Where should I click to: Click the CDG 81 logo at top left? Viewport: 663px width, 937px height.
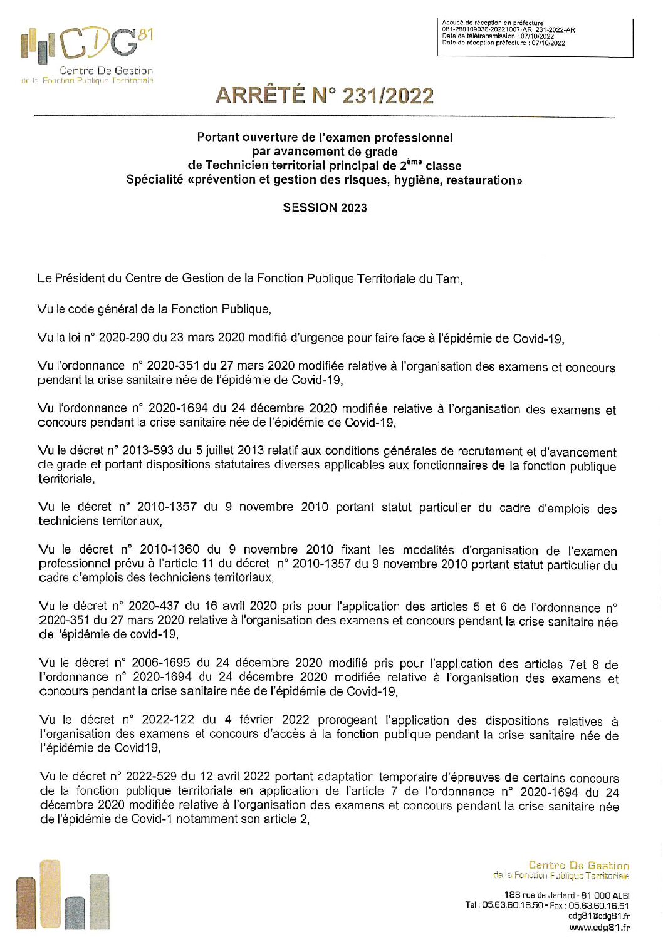(87, 53)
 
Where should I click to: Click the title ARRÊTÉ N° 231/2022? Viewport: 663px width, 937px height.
(324, 95)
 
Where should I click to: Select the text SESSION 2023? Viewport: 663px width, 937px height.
(325, 208)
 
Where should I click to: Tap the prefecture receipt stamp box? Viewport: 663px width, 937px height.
(535, 37)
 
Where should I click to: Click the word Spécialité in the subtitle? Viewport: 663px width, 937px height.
(155, 180)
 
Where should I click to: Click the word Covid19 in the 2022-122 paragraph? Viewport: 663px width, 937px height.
(137, 748)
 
